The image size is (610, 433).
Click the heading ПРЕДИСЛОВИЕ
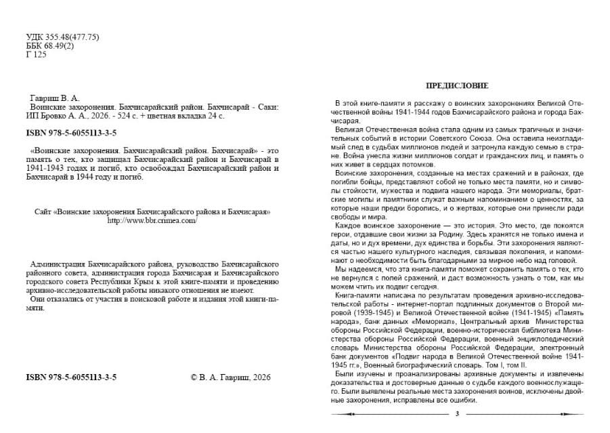tap(456, 85)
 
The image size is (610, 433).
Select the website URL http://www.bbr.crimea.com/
tap(152, 221)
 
